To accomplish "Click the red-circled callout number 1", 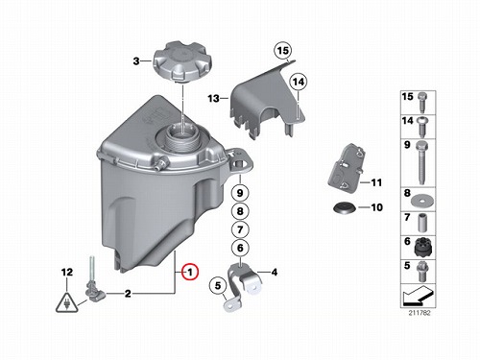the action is pos(190,273).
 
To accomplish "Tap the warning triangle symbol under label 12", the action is pos(66,302).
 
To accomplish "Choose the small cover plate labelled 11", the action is pos(347,169).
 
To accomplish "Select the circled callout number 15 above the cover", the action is pos(283,51).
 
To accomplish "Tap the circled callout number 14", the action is pos(298,82).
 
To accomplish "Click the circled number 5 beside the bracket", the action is pos(218,285).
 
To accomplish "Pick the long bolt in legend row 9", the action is pos(421,162).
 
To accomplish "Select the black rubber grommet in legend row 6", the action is pos(421,247).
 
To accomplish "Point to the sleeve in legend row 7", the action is pos(422,224).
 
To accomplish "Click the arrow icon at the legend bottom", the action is pos(418,296).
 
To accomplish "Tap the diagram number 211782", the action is pos(420,313).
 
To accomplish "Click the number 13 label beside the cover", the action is pos(213,98).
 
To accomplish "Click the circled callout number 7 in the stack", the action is pos(240,229).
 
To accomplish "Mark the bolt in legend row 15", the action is pos(421,102).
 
